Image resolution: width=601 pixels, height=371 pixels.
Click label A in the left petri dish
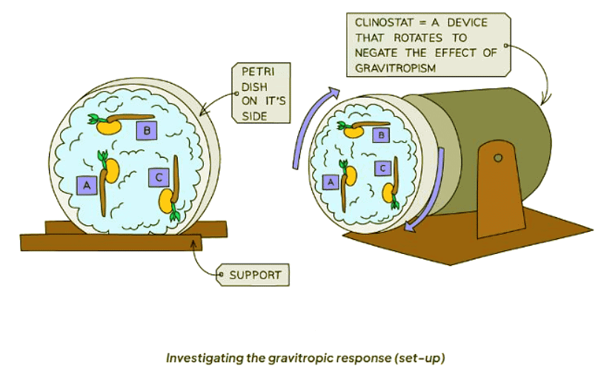pyautogui.click(x=87, y=185)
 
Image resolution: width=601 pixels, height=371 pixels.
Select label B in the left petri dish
pyautogui.click(x=147, y=130)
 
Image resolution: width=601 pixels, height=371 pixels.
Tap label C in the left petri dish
pyautogui.click(x=159, y=178)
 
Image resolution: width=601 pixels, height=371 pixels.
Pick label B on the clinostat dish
pyautogui.click(x=381, y=135)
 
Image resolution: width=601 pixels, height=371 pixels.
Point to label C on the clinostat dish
pyautogui.click(x=382, y=168)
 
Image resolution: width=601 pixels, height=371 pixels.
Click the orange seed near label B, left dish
pyautogui.click(x=110, y=126)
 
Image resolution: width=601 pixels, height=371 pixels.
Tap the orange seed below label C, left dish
pyautogui.click(x=168, y=199)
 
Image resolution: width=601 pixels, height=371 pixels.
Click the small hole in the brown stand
pyautogui.click(x=497, y=157)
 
